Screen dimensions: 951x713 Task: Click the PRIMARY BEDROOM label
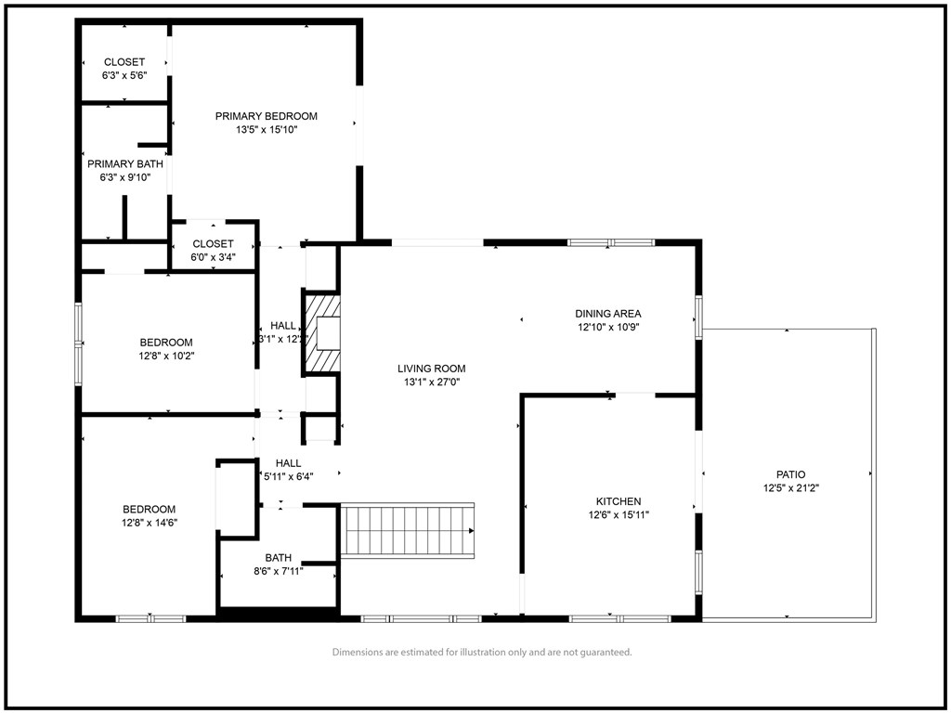(x=267, y=116)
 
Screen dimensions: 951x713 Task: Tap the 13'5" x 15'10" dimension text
(x=267, y=130)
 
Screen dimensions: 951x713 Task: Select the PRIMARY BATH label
(x=125, y=163)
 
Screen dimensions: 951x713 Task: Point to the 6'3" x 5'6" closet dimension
(x=124, y=75)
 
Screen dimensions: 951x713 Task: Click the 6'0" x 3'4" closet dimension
(x=213, y=257)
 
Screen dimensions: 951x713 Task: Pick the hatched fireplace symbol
(x=322, y=333)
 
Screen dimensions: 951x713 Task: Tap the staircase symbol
(x=408, y=530)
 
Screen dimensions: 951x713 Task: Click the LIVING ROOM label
(x=432, y=368)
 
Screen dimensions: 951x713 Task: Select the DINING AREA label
(x=607, y=314)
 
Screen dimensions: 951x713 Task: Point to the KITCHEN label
(x=619, y=501)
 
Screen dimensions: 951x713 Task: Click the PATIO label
(x=791, y=474)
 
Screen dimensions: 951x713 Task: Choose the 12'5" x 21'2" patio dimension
(x=791, y=488)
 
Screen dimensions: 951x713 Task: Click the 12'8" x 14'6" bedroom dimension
(x=150, y=523)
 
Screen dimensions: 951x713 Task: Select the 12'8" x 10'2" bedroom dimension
(x=166, y=356)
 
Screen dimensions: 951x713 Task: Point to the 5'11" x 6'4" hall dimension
(x=288, y=476)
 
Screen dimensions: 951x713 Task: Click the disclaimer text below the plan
(x=482, y=653)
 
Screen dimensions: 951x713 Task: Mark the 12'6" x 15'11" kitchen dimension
(x=619, y=514)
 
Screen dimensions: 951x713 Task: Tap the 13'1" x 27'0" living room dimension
(x=432, y=382)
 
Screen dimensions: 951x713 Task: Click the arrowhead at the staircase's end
(x=471, y=531)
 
